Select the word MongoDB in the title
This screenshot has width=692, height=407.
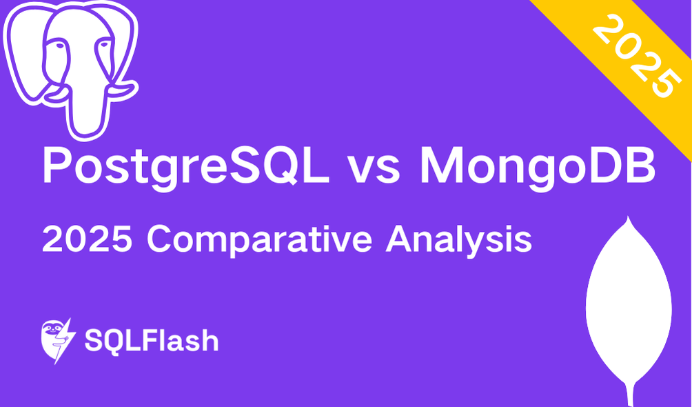coord(537,166)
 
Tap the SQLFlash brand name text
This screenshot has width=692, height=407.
coord(151,341)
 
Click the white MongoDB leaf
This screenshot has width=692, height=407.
coord(627,304)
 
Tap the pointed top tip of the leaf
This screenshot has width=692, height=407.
coord(627,219)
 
